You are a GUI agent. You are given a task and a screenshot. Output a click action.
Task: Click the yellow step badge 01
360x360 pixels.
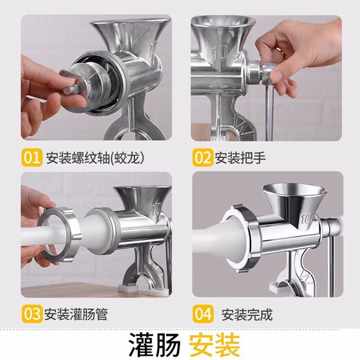(x=32, y=158)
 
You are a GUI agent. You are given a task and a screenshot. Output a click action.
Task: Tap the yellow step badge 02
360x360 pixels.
(x=201, y=158)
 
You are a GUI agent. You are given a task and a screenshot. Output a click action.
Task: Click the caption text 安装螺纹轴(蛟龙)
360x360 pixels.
(x=94, y=158)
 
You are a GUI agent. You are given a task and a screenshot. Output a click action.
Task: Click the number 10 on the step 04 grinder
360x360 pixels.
(x=305, y=220)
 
